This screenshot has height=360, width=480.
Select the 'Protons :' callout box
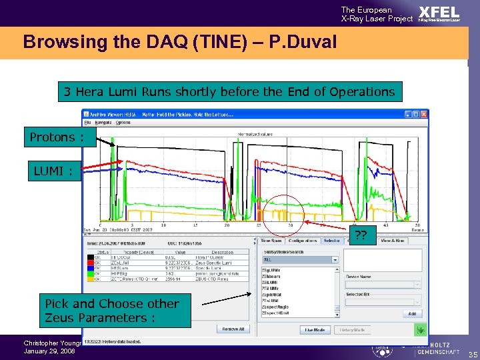tap(57, 137)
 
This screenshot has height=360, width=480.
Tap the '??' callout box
tap(361, 235)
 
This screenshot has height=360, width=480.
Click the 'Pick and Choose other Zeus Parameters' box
tap(112, 311)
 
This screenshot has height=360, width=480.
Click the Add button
tap(411, 313)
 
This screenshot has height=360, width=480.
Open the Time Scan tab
tap(271, 241)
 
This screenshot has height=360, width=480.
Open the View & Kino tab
tap(391, 241)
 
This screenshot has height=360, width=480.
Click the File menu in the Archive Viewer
tap(87, 123)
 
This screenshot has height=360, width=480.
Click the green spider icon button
tap(419, 329)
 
